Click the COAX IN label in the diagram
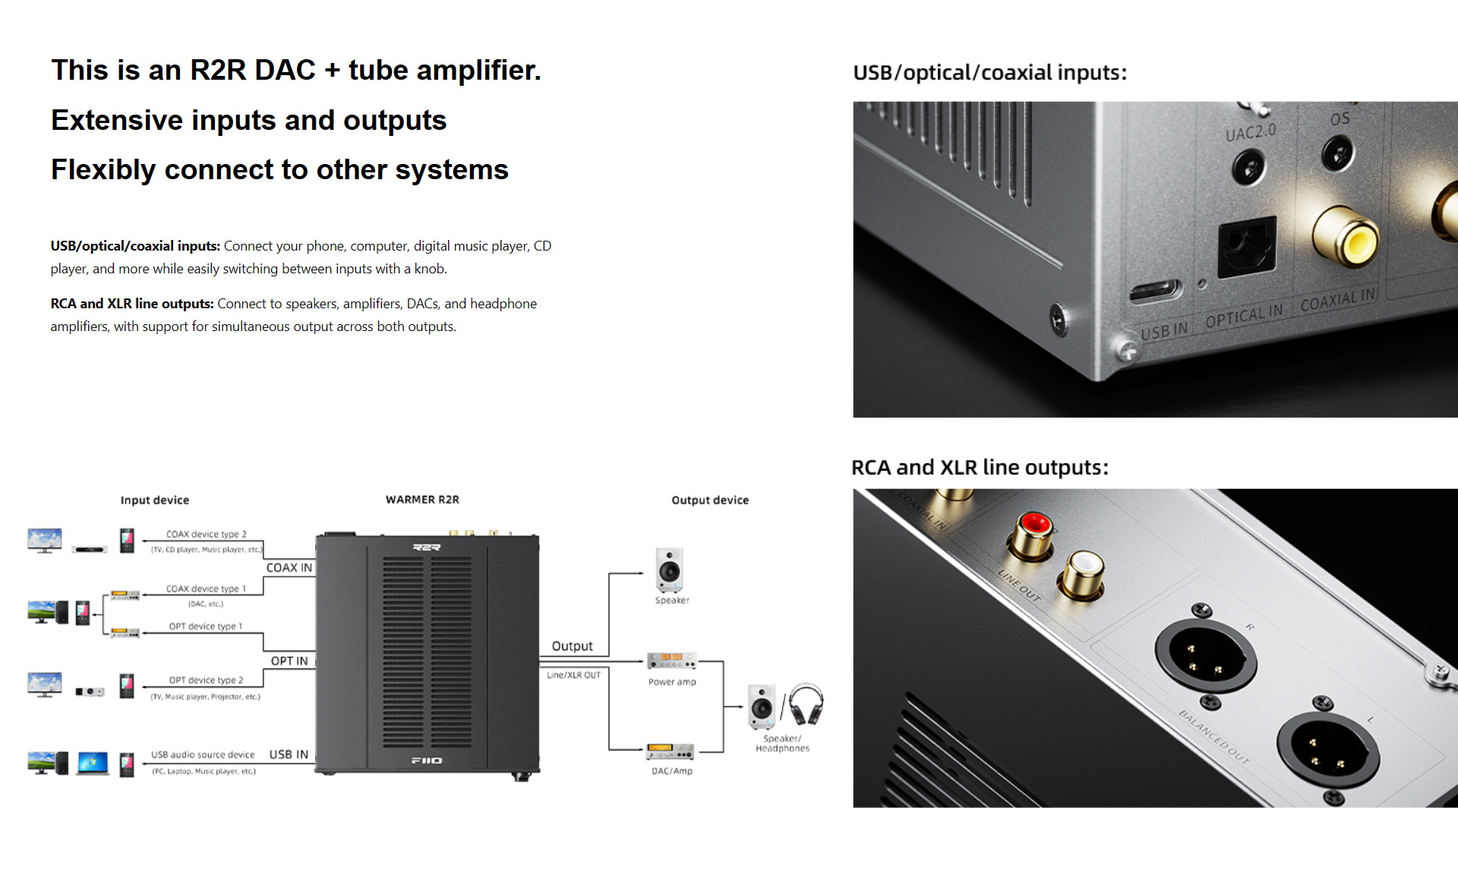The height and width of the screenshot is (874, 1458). (289, 568)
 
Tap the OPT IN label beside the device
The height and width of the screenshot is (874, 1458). (289, 661)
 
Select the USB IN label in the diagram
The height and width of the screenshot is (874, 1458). (289, 755)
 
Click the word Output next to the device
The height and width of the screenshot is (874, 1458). (572, 646)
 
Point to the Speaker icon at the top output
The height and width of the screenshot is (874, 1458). (670, 570)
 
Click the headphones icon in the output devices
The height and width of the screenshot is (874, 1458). (806, 705)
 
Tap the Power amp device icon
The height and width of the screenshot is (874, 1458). (671, 661)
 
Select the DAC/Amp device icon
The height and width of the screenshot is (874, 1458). (670, 752)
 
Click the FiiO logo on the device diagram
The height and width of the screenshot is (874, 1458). (427, 761)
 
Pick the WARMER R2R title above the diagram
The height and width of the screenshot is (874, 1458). (422, 500)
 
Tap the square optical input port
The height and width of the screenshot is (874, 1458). (1247, 246)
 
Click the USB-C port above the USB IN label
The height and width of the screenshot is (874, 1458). (1155, 292)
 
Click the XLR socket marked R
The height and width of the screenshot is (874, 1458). (1206, 654)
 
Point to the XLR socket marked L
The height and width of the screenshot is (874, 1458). (1327, 747)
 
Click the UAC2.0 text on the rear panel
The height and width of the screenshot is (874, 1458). (1250, 132)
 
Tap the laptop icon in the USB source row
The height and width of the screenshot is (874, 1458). (93, 763)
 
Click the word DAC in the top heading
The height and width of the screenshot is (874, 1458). (285, 71)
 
